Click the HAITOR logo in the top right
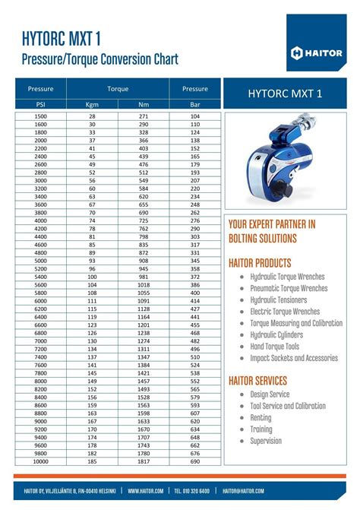318,52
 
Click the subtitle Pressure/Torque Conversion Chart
101,59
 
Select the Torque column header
118,89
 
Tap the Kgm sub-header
92,104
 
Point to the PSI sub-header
41,104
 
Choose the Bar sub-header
195,104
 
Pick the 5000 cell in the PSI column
41,261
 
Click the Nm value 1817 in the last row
144,461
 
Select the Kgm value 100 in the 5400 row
92,277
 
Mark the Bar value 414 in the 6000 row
195,301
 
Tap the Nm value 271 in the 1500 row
144,116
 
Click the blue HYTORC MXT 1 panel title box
285,93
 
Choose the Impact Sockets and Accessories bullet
294,357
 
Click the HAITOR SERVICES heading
268,380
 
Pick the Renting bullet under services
261,417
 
